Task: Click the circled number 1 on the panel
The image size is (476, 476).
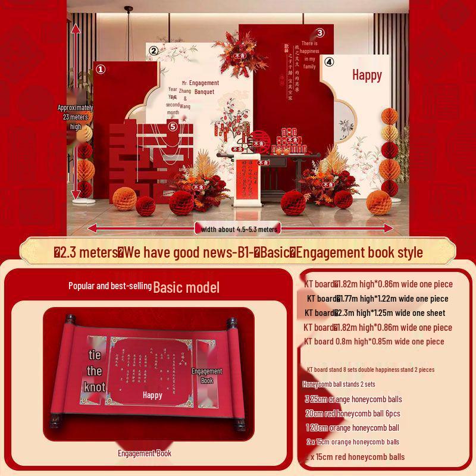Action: coord(101,69)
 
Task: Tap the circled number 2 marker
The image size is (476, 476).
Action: coord(153,51)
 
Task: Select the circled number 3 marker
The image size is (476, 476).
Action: coord(320,33)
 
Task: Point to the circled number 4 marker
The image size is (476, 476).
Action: coord(329,62)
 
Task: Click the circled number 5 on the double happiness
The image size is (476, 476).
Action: coord(173,126)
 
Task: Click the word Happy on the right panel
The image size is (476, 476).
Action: coord(367,75)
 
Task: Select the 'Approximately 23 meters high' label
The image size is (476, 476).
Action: coord(76,117)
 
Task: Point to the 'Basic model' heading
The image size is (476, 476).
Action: coord(186,288)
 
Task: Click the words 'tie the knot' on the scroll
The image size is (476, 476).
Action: coord(95,371)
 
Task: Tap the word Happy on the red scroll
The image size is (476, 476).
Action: coord(152,395)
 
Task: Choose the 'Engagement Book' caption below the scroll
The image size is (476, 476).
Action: coord(145,453)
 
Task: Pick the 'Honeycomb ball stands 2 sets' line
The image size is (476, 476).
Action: coord(339,384)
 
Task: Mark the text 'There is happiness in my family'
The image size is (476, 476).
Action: coord(309,55)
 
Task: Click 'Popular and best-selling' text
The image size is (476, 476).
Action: coord(109,286)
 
